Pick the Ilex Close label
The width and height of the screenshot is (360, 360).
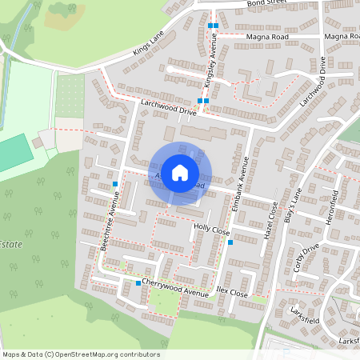[x=232, y=294]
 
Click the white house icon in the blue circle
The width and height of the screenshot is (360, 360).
[x=180, y=172]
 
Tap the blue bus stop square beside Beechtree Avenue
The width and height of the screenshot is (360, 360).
[x=115, y=184]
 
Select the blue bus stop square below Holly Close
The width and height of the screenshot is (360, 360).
[x=230, y=242]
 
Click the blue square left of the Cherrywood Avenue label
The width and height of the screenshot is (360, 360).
[x=138, y=283]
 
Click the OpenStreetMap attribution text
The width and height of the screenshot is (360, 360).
[x=80, y=354]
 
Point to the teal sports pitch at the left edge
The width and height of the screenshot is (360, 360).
[x=11, y=152]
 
